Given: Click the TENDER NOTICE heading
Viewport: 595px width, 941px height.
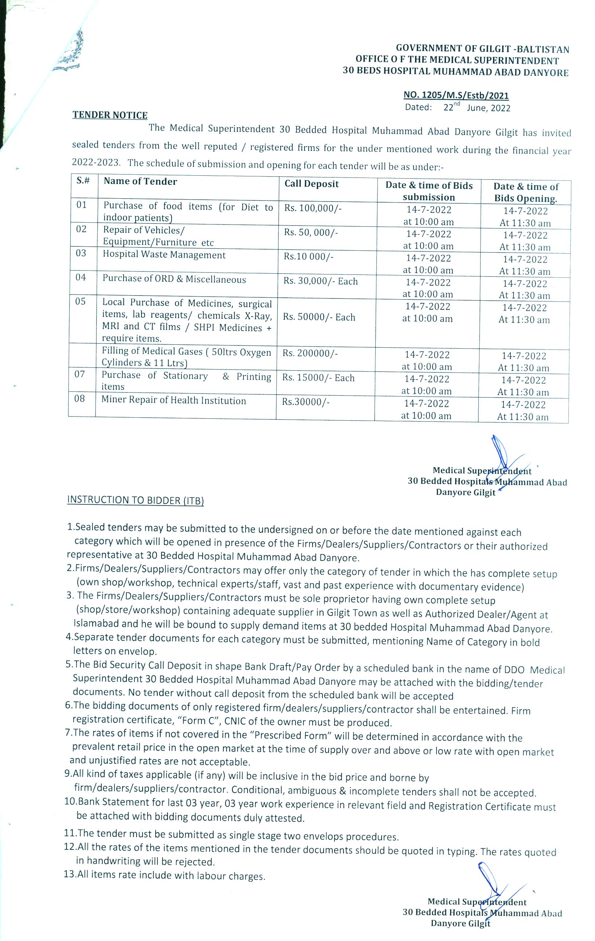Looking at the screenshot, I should [x=110, y=115].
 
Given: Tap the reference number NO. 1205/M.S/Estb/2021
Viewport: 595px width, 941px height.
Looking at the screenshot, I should [x=456, y=95].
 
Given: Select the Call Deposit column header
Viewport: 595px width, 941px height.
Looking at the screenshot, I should [x=312, y=184].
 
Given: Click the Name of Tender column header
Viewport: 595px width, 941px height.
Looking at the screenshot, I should [x=140, y=181].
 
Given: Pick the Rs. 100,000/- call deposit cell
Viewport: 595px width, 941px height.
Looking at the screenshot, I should [x=313, y=208].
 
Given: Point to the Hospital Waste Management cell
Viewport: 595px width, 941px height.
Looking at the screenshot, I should [x=164, y=255].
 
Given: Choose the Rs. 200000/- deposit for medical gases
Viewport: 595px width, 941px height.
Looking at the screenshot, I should [x=310, y=353].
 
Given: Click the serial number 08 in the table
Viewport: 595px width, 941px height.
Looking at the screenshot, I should [x=80, y=399].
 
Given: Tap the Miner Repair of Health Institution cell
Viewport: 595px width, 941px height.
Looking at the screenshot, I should [x=174, y=401].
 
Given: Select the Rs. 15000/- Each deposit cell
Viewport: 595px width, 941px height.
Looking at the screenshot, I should [x=318, y=378].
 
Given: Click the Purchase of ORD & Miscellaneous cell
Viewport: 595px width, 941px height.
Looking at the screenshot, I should [x=174, y=280].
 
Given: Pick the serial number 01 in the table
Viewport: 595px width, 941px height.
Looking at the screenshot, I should [x=82, y=205].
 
